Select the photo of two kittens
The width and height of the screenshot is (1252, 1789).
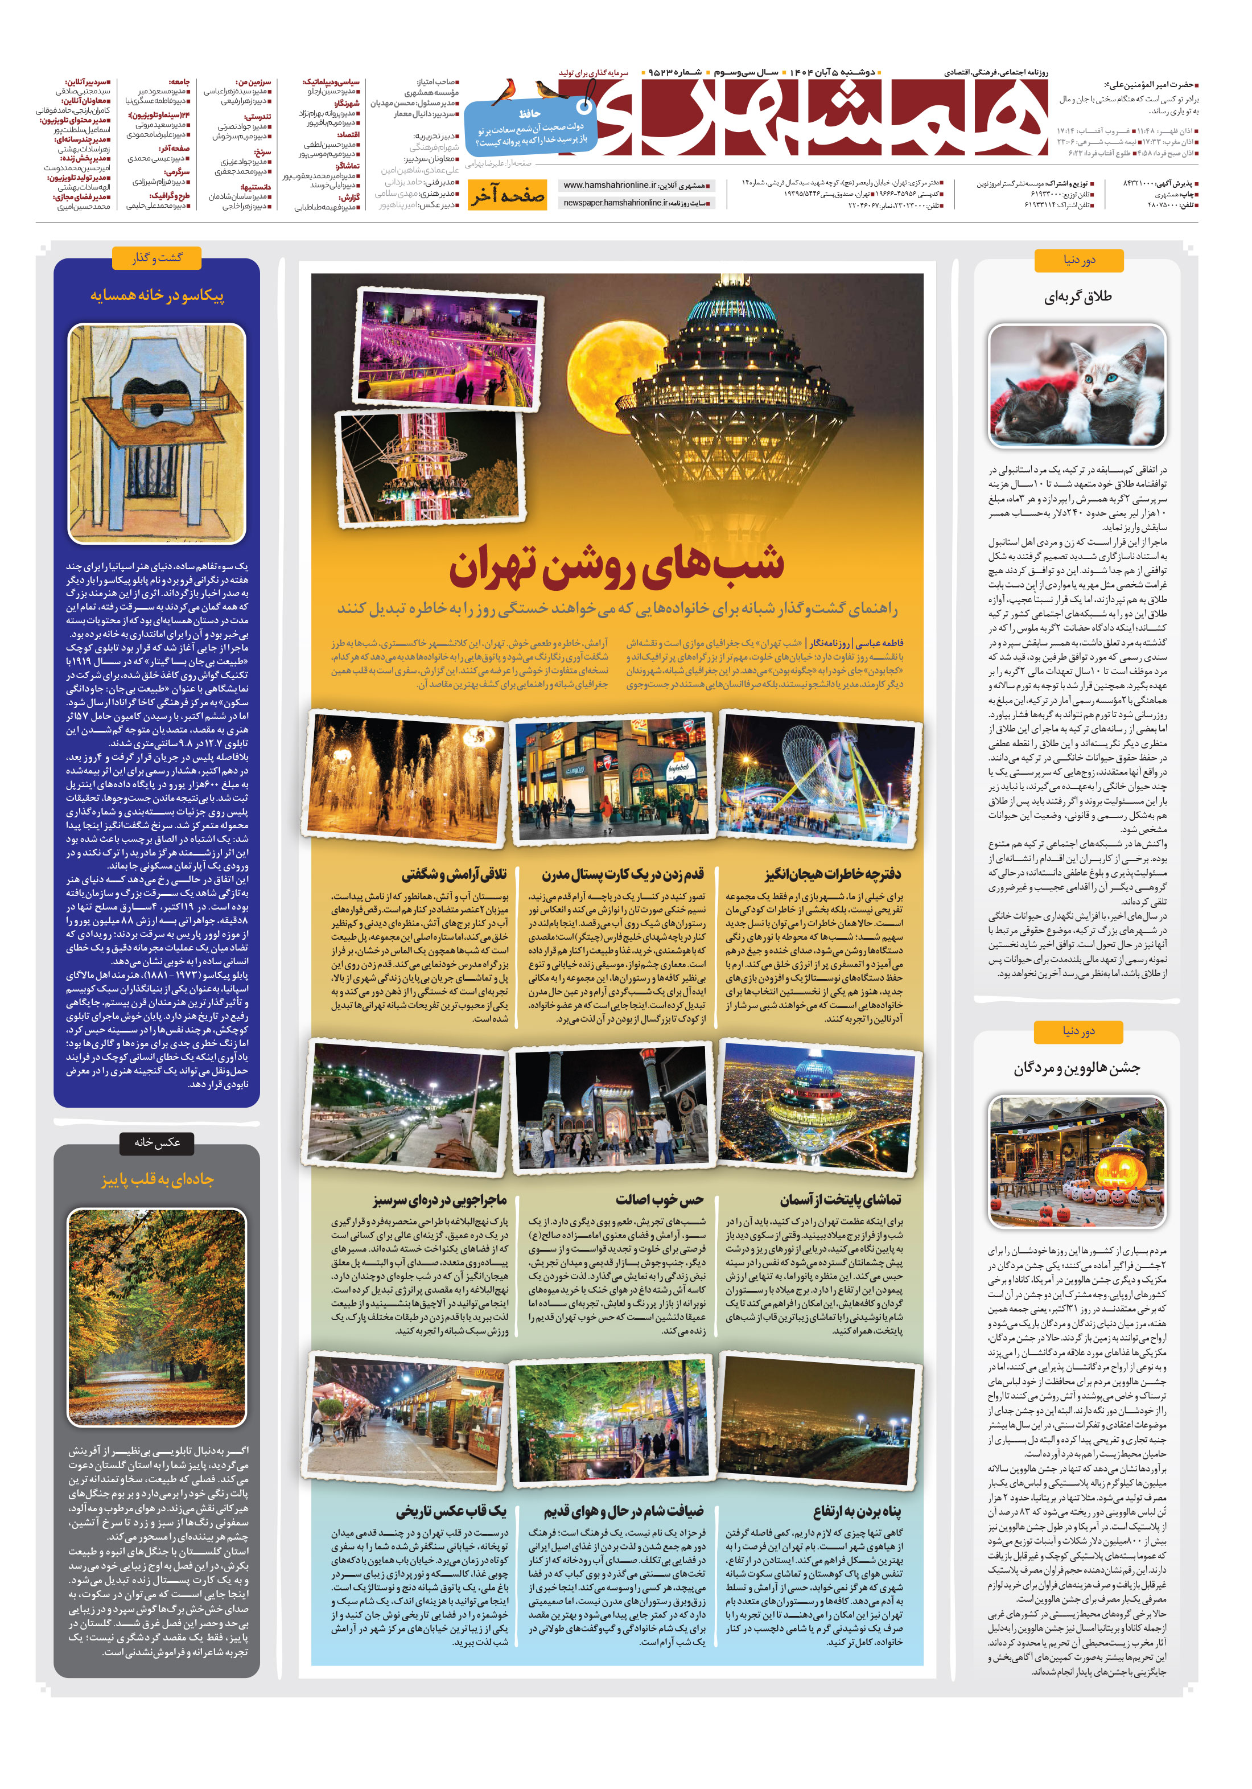pos(1077,386)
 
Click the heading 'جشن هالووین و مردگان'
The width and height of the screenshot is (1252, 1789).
pos(1077,1068)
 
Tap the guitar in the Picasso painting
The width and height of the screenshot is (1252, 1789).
pos(153,403)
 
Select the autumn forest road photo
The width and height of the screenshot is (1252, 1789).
pos(156,1316)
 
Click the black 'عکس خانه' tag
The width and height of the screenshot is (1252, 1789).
pos(156,1142)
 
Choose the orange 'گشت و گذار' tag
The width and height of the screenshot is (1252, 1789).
pos(156,258)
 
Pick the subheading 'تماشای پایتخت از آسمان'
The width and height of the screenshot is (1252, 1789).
pos(840,1199)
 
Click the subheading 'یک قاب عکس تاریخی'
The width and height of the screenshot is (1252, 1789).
pos(451,1511)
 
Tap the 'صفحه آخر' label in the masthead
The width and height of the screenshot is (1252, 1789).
pos(507,196)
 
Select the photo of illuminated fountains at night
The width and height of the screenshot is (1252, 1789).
pos(407,777)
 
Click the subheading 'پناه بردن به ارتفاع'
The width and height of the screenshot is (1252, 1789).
pos(856,1511)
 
